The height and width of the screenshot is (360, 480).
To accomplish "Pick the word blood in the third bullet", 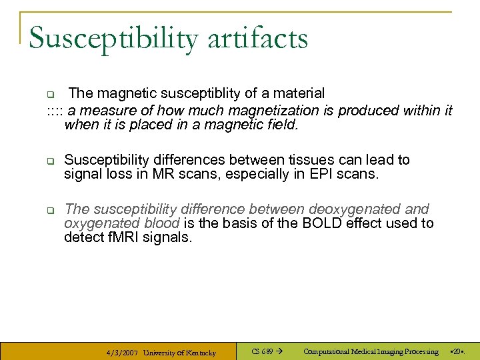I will [161, 223].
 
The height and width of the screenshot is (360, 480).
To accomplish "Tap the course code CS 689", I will [262, 351].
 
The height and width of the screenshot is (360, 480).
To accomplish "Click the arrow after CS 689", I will [280, 351].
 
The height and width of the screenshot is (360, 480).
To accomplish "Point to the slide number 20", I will [457, 351].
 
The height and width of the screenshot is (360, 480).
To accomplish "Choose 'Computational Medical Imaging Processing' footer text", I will [371, 351].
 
